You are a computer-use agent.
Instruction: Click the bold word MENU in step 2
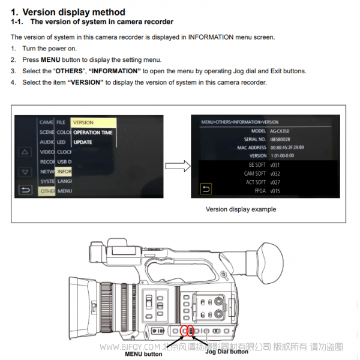[50, 60]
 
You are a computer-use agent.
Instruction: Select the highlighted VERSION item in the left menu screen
[83, 122]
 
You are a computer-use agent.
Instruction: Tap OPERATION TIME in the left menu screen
[92, 133]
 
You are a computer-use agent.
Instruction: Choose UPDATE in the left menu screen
[83, 142]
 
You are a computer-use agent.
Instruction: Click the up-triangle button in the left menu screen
[25, 152]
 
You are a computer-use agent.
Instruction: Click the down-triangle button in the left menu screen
[25, 172]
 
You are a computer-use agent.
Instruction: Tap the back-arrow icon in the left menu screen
[25, 190]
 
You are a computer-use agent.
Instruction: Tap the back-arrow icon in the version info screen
[206, 190]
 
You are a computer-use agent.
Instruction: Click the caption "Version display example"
[241, 209]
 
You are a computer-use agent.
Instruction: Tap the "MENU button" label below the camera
[143, 354]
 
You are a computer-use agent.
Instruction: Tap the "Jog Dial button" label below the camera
[227, 352]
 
